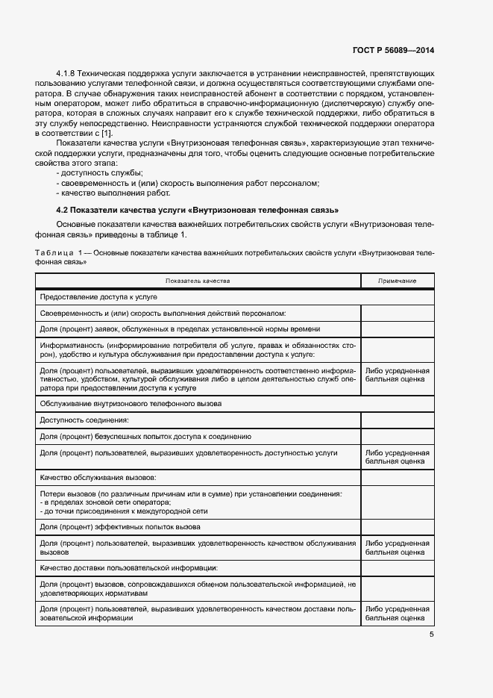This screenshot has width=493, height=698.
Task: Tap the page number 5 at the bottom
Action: [431, 635]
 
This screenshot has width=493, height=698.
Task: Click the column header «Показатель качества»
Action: [198, 281]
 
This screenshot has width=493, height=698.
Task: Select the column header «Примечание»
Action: [397, 281]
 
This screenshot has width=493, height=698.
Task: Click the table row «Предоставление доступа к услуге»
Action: [88, 296]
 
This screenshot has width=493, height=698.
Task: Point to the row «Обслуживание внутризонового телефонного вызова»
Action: [131, 403]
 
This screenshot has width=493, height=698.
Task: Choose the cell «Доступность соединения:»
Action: [84, 420]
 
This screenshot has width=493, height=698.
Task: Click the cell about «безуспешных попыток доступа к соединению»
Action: [145, 437]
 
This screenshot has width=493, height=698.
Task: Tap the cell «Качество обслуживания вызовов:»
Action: [98, 476]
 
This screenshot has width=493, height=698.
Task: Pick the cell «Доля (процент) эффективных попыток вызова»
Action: [125, 527]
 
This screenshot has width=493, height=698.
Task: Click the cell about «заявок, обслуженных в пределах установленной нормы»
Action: [180, 328]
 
